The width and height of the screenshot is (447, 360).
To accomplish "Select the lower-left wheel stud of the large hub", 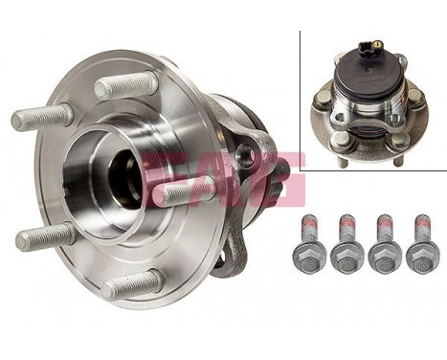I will (44, 236).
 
